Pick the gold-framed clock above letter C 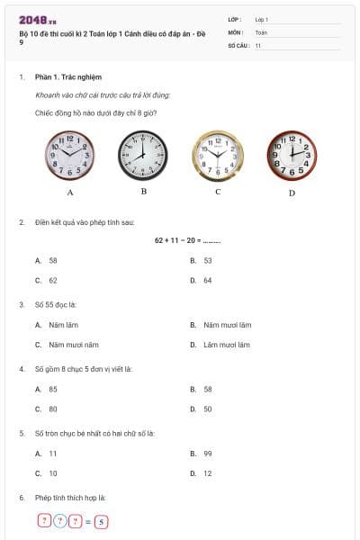click(x=218, y=157)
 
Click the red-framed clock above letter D click(x=292, y=157)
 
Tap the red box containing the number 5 click(x=102, y=521)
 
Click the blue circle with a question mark click(x=59, y=521)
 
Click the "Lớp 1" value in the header click(x=262, y=19)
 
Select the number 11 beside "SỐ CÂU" click(x=258, y=44)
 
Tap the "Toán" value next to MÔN click(x=261, y=31)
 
